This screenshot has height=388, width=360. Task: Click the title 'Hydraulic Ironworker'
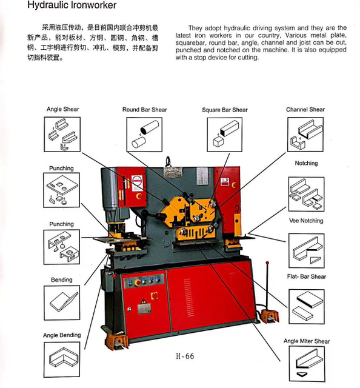pos(72,5)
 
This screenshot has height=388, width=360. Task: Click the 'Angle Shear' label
pos(62,109)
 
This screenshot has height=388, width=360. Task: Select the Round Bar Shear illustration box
pos(144,135)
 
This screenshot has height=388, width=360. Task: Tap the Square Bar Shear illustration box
pos(225,135)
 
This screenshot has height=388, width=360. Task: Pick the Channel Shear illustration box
pos(305,135)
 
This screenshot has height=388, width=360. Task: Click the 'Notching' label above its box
pos(306,163)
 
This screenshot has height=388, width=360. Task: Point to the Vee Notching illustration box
pos(306,250)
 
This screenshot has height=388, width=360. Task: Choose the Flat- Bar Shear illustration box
pos(306,307)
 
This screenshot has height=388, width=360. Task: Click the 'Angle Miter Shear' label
pos(307,341)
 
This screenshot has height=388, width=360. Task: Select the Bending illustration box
pos(62,303)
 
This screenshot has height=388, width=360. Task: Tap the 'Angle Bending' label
pos(62,335)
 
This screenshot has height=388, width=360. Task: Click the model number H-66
pos(185,356)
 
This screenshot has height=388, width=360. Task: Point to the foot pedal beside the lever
pos(270,316)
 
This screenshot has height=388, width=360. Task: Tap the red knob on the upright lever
pos(267,263)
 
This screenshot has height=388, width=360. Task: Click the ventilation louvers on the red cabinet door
pos(188,298)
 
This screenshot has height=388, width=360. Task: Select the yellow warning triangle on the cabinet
pos(143,301)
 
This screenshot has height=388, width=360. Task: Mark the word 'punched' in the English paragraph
pos(188,50)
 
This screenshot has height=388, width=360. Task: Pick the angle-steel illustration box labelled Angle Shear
pos(62,135)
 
